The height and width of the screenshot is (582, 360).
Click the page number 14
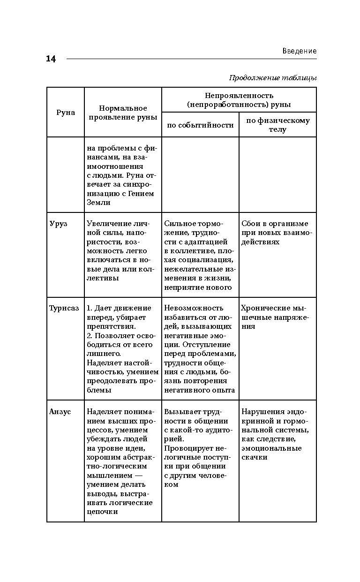point(51,59)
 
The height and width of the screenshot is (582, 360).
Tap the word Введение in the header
point(299,51)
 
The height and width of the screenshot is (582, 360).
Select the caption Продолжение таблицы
point(273,78)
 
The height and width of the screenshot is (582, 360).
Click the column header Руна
point(66,113)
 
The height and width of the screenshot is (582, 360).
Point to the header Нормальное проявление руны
point(123,113)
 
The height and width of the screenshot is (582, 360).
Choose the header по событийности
point(200,125)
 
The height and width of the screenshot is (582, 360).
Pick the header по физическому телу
point(277,125)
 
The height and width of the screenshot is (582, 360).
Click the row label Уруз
point(59,224)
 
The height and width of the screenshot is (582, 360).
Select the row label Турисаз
point(64,308)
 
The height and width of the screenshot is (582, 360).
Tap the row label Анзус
point(60,411)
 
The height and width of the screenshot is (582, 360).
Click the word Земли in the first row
point(99,203)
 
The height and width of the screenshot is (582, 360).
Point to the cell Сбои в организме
point(275,233)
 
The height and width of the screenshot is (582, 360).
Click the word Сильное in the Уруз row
point(180,224)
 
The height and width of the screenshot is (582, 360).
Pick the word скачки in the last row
point(255,457)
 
